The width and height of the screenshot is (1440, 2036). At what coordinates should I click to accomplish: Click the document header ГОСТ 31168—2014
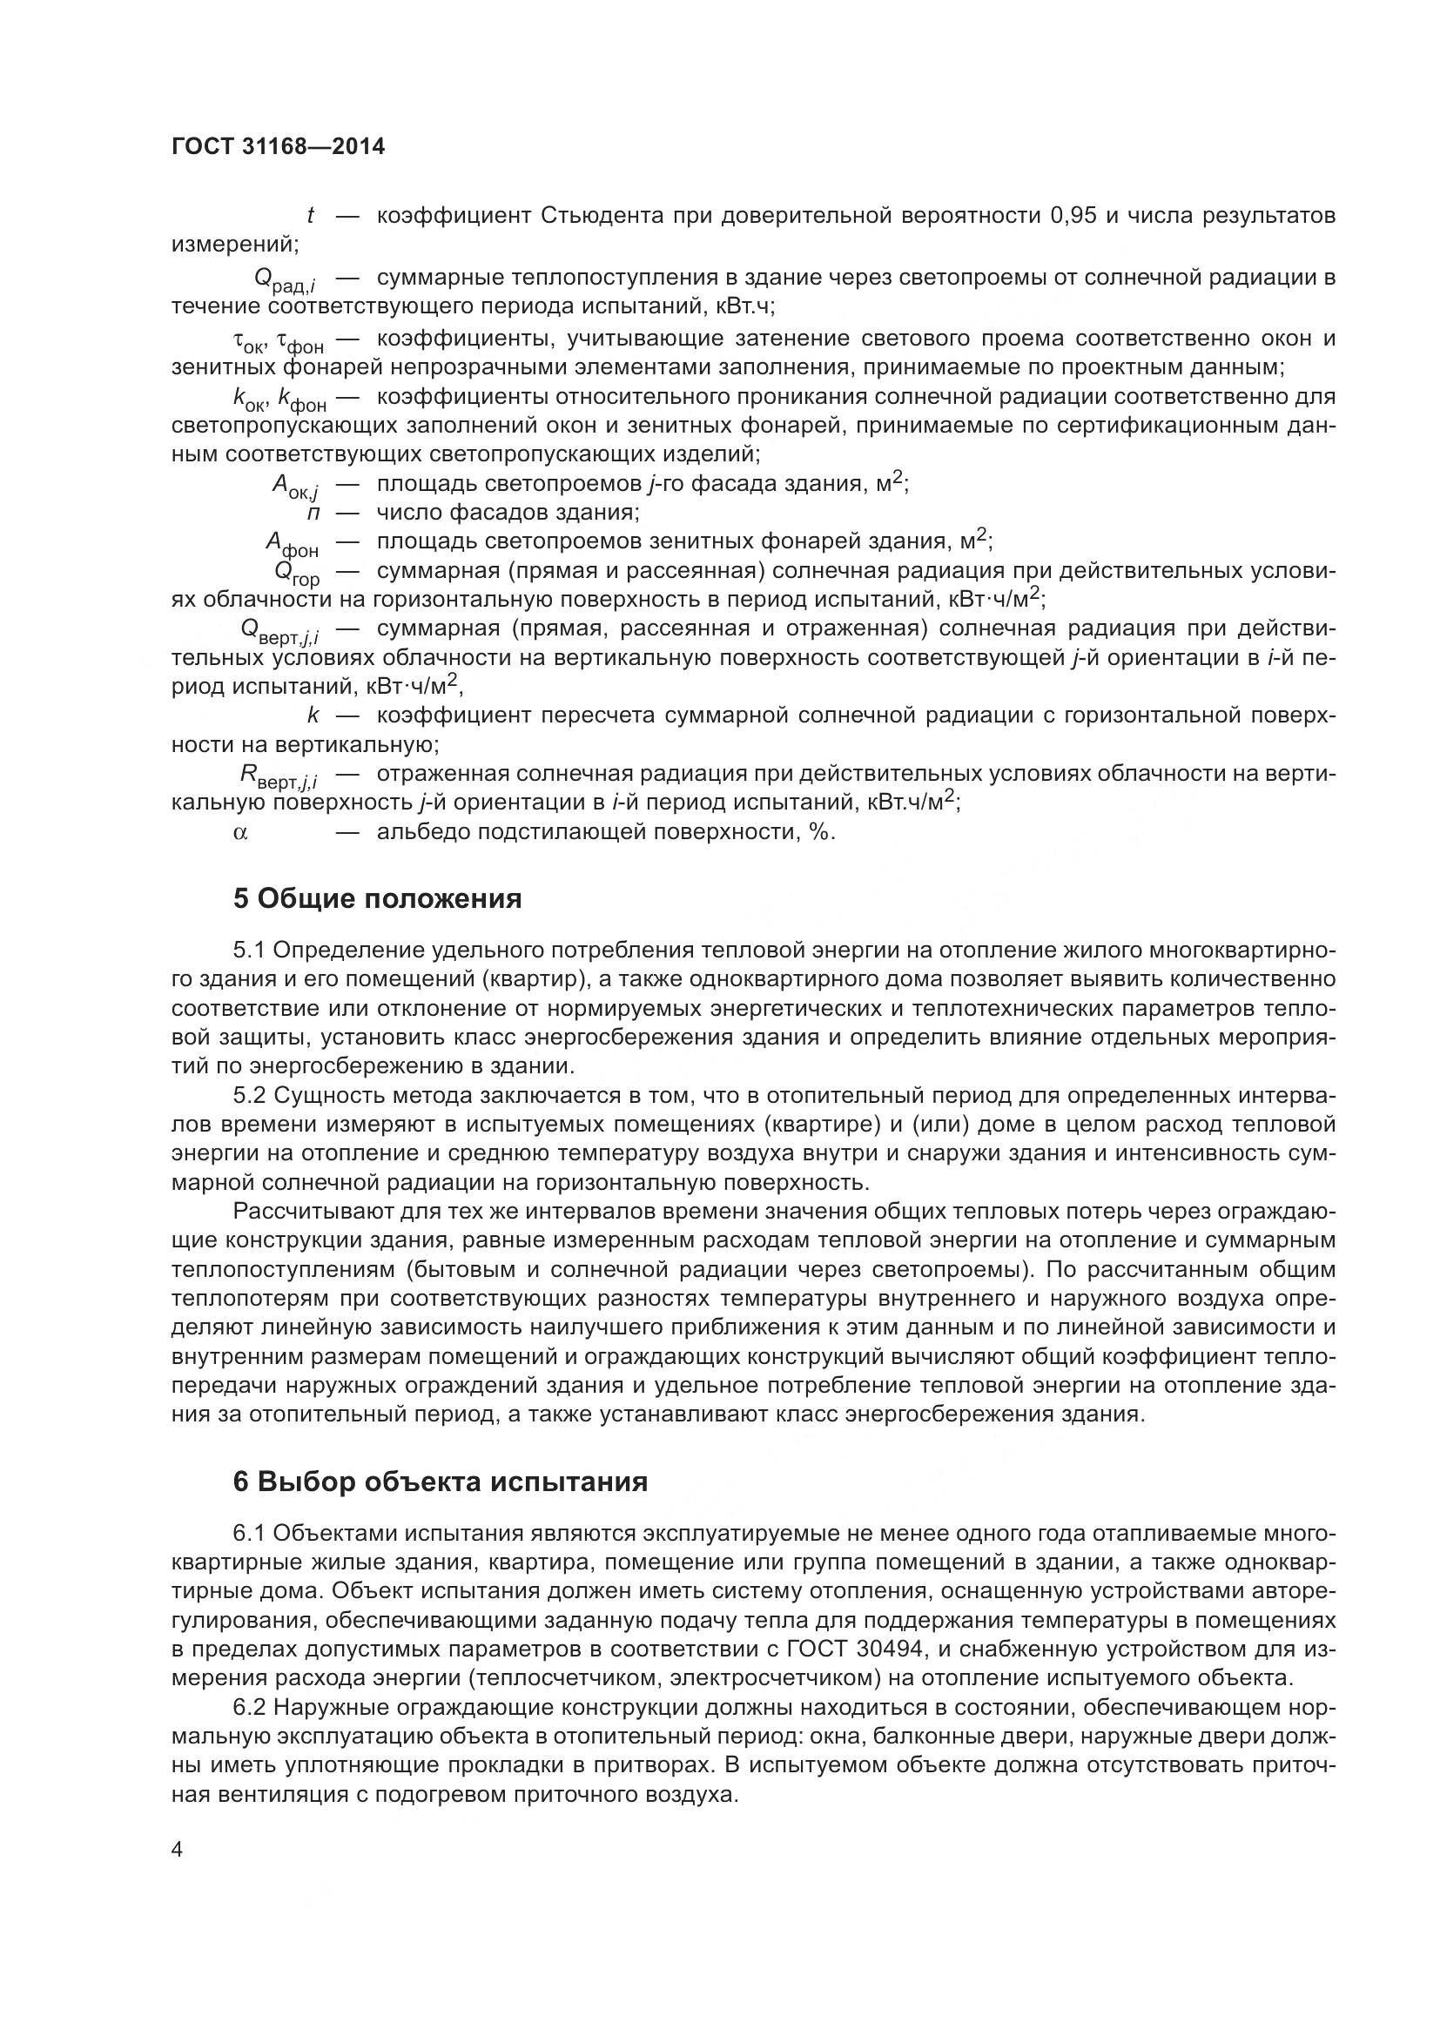[x=278, y=147]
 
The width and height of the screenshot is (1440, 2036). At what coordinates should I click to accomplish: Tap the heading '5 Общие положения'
[x=377, y=898]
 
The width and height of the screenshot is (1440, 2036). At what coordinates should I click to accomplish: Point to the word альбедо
[x=421, y=832]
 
